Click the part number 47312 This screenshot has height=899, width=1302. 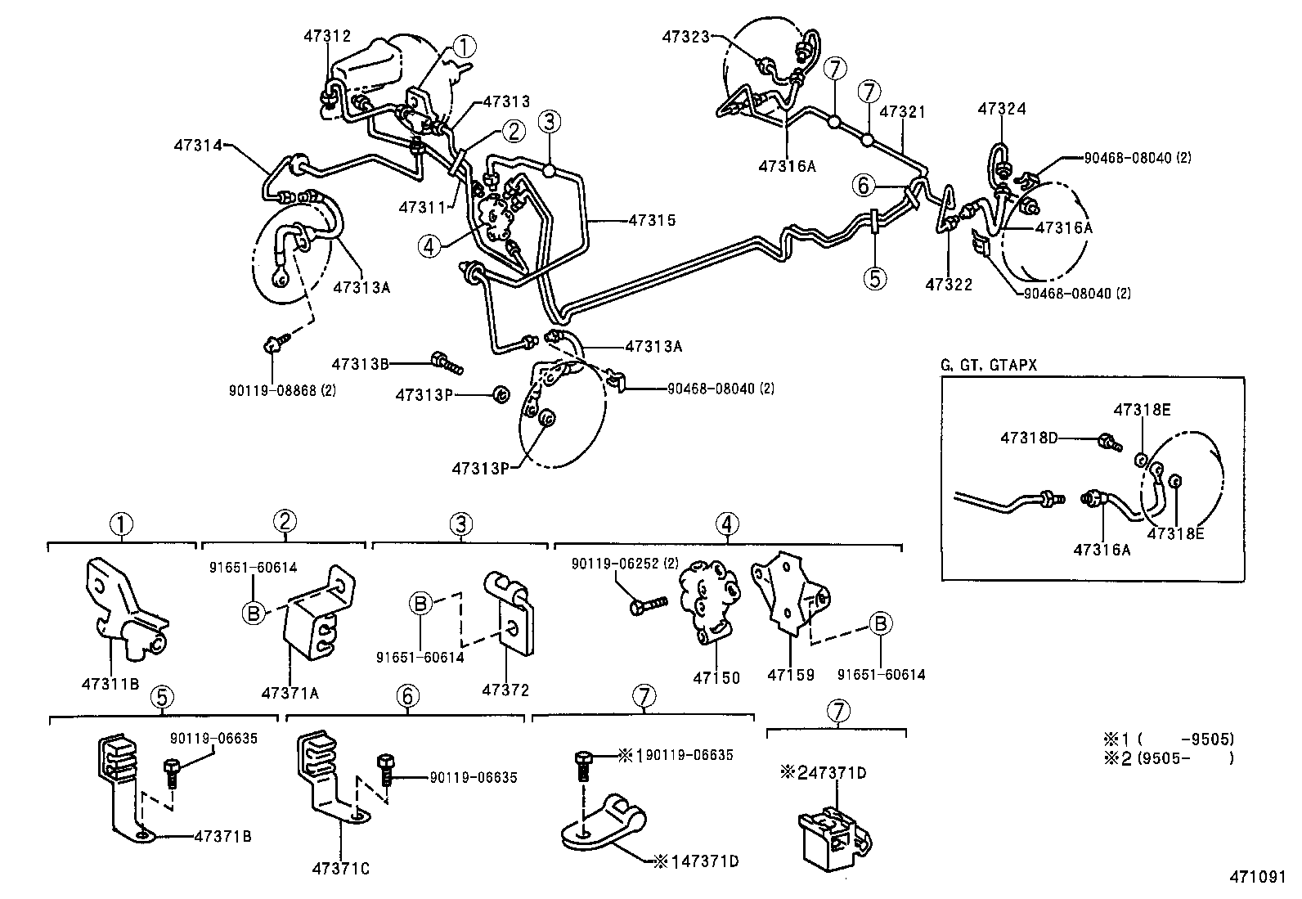point(327,37)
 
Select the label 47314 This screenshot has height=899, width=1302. point(197,145)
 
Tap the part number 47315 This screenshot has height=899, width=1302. point(652,220)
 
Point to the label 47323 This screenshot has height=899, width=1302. point(686,36)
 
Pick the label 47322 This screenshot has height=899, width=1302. point(949,285)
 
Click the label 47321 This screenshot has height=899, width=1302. point(903,111)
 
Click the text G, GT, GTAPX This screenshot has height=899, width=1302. point(989,366)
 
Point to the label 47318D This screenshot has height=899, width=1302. point(1028,438)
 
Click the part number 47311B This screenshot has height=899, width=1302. point(110,682)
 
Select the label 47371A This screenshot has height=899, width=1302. point(290,693)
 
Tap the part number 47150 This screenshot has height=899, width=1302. point(716,677)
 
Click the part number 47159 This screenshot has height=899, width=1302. point(791,676)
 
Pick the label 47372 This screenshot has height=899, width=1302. point(505,690)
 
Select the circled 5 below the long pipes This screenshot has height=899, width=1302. point(874,278)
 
